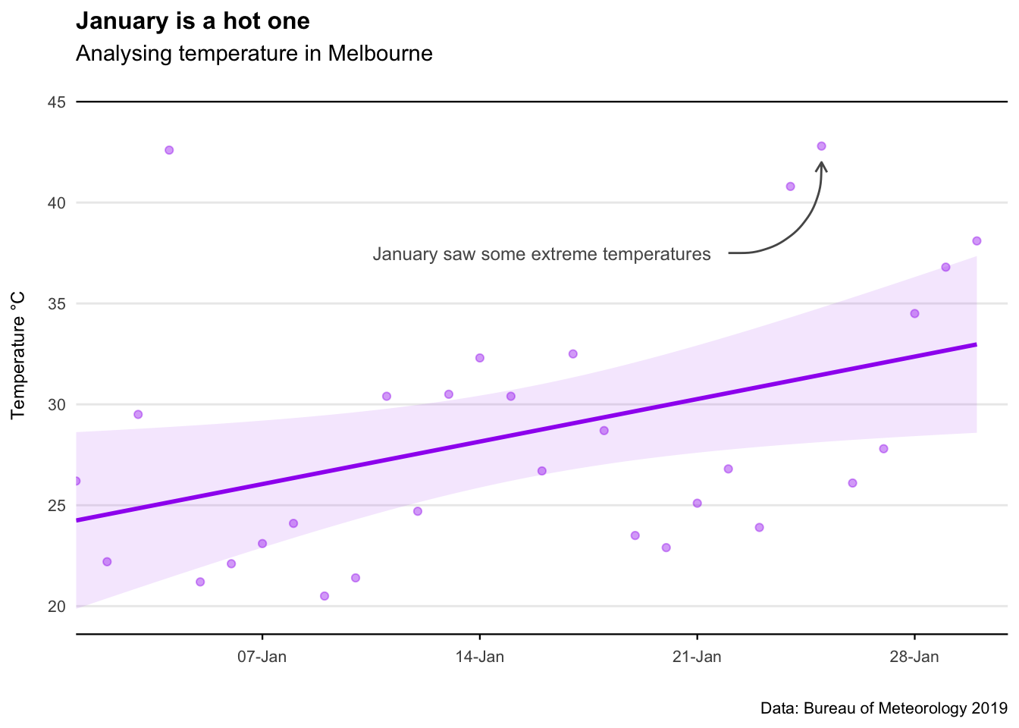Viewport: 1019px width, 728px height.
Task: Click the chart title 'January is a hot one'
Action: click(x=193, y=21)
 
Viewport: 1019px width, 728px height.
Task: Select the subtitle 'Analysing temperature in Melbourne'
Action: click(x=254, y=54)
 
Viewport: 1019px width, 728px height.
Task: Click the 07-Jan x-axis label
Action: click(x=262, y=657)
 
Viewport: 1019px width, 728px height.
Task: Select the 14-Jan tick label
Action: click(x=479, y=657)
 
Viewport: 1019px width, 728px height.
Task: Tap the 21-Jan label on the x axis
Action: click(x=697, y=657)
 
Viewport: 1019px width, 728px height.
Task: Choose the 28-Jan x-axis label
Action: click(x=914, y=657)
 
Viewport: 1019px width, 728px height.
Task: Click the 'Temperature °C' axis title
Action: click(x=19, y=355)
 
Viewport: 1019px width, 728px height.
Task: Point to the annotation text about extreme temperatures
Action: click(x=541, y=255)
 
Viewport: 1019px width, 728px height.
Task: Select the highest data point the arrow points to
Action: click(x=821, y=146)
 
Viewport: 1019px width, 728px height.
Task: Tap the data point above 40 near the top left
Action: click(x=169, y=150)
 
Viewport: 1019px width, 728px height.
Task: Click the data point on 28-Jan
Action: click(x=914, y=313)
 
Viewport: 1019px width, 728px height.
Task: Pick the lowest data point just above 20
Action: click(x=325, y=596)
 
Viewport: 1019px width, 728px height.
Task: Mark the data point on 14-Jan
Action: click(x=479, y=358)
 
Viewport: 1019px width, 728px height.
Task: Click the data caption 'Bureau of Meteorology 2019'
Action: click(x=883, y=709)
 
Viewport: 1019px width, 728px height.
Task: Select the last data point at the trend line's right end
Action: click(x=977, y=241)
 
